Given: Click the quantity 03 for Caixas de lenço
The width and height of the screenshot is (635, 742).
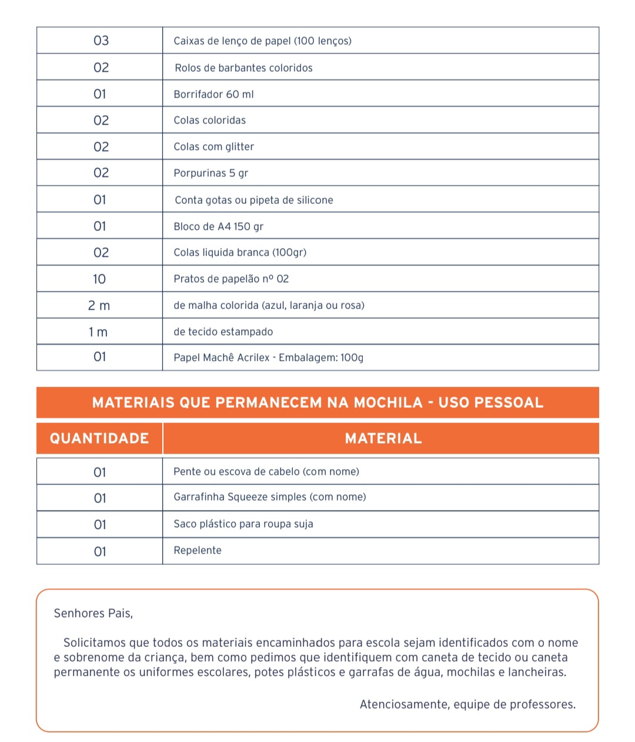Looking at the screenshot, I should click(x=101, y=41).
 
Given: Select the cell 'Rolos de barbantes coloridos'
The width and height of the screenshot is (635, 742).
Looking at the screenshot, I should click(x=243, y=68).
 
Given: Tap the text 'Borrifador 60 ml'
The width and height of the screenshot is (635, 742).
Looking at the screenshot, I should click(x=213, y=94).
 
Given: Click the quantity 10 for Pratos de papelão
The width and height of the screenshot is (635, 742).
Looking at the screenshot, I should click(x=99, y=279).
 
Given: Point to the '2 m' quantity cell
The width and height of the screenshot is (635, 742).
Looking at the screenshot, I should click(x=99, y=305).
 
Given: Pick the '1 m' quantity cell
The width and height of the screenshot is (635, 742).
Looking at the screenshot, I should click(x=98, y=332).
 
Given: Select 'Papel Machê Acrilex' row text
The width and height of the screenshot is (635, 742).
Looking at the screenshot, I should click(x=268, y=357).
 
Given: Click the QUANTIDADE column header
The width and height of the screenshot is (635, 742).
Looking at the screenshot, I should click(x=99, y=438).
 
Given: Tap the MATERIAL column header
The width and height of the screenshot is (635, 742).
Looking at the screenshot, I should click(x=383, y=438).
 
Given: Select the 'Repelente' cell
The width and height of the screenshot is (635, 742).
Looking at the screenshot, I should click(x=198, y=550).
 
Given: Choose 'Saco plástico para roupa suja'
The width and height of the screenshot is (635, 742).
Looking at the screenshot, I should click(x=243, y=524).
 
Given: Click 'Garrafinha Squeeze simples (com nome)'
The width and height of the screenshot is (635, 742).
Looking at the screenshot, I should click(x=269, y=497).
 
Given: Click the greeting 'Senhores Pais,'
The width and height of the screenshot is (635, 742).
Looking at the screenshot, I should click(x=93, y=613).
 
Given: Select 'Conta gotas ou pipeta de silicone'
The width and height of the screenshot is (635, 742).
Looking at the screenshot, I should click(x=253, y=200).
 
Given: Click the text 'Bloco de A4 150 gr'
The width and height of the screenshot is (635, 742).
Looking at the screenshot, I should click(x=218, y=226).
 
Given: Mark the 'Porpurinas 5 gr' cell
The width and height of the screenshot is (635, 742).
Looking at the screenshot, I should click(x=210, y=173).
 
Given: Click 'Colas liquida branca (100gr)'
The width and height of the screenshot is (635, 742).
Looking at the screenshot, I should click(x=240, y=252).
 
